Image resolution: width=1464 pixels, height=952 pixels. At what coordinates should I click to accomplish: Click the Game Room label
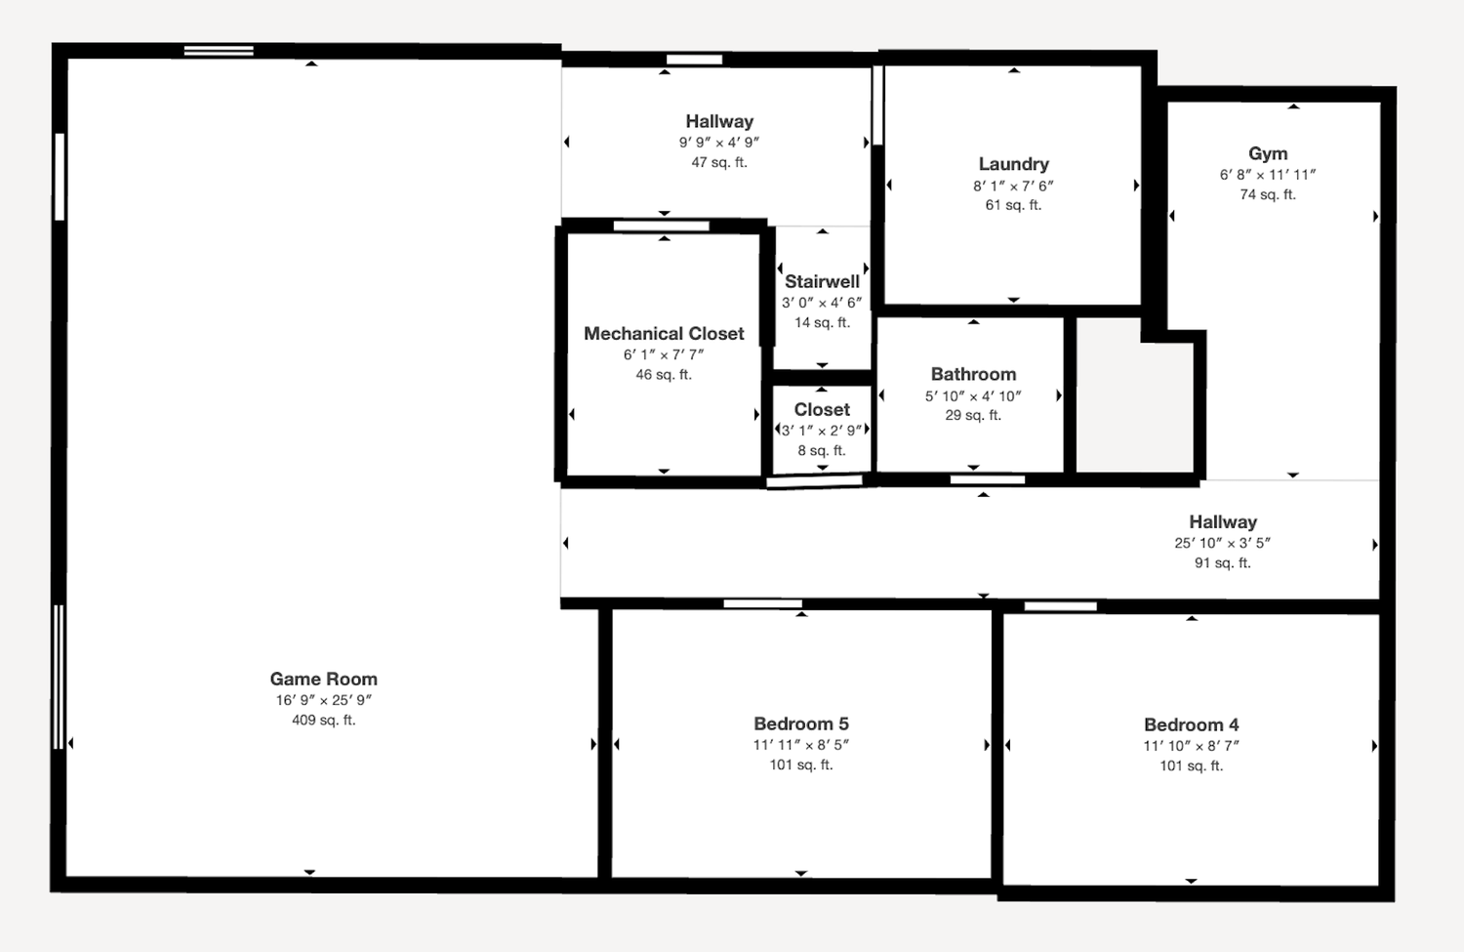tap(323, 679)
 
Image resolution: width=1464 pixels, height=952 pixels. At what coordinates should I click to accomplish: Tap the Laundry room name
tap(1014, 164)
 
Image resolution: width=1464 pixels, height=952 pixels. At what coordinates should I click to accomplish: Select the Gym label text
tap(1268, 153)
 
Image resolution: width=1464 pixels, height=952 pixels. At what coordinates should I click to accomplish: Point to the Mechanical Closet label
tap(664, 334)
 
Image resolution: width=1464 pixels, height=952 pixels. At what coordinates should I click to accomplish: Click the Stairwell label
tap(822, 281)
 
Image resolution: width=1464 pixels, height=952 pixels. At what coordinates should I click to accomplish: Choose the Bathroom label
tap(974, 374)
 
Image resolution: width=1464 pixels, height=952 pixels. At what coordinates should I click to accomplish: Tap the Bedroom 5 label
tap(801, 724)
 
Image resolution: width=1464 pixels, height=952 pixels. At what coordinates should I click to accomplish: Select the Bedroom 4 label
tap(1192, 724)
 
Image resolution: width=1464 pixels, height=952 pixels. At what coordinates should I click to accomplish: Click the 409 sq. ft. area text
tap(323, 720)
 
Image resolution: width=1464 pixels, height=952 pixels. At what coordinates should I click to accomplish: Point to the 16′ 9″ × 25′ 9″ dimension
tap(323, 700)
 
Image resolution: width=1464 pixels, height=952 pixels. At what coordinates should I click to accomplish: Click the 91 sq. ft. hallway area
tap(1223, 563)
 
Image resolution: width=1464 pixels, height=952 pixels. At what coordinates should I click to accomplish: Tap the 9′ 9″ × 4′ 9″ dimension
tap(719, 142)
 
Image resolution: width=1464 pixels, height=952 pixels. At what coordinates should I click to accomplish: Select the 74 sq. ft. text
tap(1268, 194)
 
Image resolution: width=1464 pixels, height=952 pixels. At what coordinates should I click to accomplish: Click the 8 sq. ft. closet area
tap(822, 450)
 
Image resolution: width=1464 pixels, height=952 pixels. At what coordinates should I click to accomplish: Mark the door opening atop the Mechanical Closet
tap(662, 227)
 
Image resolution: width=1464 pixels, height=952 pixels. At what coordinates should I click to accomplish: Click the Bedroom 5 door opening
tap(762, 604)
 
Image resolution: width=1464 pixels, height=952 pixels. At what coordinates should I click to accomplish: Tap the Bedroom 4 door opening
tap(1060, 606)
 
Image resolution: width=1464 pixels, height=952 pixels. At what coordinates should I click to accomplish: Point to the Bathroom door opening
tap(988, 480)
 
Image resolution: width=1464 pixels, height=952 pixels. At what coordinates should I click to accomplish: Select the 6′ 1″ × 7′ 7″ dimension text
tap(664, 354)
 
